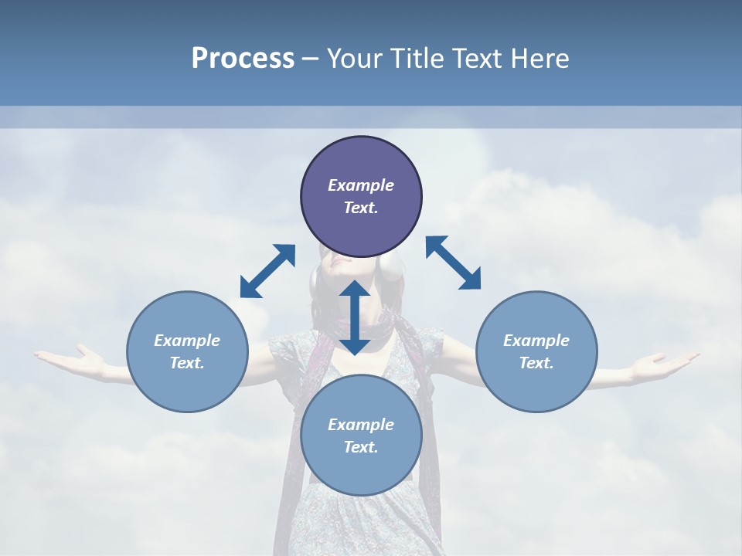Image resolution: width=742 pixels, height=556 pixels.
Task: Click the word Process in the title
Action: [243, 59]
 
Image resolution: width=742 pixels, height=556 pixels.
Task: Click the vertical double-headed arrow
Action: [355, 317]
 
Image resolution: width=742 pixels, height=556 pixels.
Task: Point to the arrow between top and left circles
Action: [267, 271]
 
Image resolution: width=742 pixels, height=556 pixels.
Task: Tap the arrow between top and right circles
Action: [454, 263]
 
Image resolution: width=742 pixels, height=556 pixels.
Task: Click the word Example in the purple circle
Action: [361, 185]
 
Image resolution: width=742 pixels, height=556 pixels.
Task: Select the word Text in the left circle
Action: [187, 363]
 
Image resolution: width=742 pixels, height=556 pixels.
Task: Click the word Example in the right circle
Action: [536, 341]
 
